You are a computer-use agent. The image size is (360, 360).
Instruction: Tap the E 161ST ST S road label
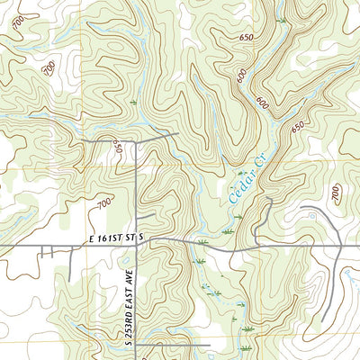pos(117,237)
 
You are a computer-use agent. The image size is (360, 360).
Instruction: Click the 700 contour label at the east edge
pos(336,193)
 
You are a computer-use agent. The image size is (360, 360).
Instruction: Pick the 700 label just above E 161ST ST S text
pos(104,205)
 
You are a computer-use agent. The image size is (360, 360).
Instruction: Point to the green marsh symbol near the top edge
pos(282,19)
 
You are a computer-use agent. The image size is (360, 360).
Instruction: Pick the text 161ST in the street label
pos(117,237)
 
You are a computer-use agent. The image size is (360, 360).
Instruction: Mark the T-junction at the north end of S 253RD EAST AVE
pos(136,141)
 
